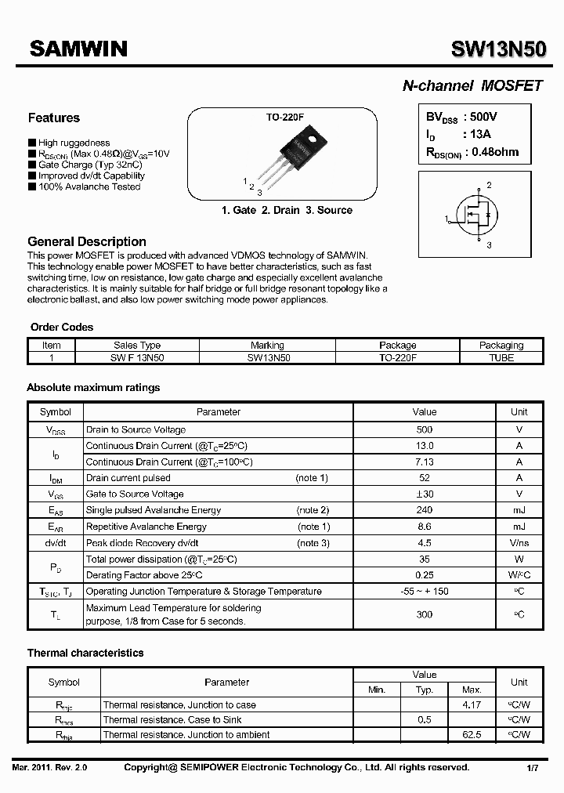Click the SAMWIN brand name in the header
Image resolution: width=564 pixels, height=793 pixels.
pos(78,49)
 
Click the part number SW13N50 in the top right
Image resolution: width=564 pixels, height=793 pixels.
pos(497,49)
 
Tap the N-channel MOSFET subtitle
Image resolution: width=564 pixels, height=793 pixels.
pos(472,86)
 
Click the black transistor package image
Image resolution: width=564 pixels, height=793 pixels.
pos(294,153)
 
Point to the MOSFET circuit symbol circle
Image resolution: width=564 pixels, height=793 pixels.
pos(476,218)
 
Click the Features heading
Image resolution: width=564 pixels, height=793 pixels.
pos(54,118)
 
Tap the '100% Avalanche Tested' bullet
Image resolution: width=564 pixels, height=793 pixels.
pos(89,187)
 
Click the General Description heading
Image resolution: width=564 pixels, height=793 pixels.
pos(87,242)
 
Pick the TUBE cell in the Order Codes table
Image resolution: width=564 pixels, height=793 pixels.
pos(501,357)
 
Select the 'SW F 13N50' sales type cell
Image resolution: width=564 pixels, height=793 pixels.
pos(137,357)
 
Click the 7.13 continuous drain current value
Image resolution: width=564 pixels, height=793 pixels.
pos(424,462)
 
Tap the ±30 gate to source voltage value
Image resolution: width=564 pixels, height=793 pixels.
pos(424,494)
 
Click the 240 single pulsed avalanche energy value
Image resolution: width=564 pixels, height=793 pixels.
pos(424,510)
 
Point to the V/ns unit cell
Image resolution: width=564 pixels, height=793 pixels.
pos(519,543)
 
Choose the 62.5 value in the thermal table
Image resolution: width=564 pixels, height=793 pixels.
pos(472,735)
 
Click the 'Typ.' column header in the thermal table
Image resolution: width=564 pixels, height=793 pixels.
pos(424,690)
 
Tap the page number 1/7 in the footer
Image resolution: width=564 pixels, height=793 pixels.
pos(530,768)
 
